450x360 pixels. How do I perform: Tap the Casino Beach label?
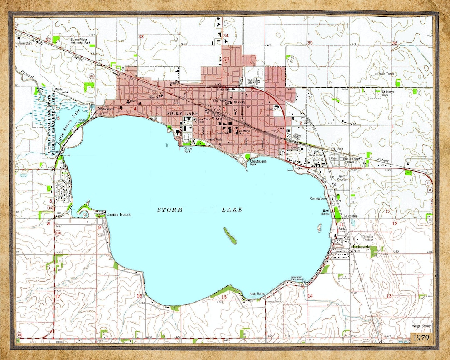pyautogui.click(x=118, y=215)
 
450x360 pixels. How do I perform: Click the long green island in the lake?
pyautogui.click(x=230, y=235)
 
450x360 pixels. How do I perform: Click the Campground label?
pyautogui.click(x=319, y=198)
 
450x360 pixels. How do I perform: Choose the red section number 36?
pyautogui.click(x=394, y=43)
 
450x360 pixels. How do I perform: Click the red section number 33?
pyautogui.click(x=141, y=37)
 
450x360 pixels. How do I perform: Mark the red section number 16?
pyautogui.click(x=139, y=296)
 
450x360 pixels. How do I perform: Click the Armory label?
pyautogui.click(x=295, y=147)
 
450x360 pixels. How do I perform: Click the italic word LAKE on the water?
pyautogui.click(x=232, y=210)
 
